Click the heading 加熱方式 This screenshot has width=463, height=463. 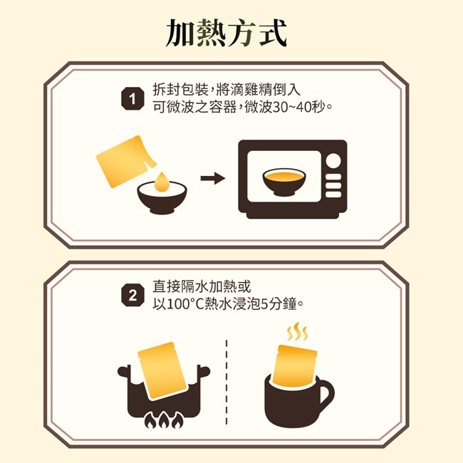[227, 33]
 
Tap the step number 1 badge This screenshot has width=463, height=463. [133, 99]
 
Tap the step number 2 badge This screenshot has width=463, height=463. [133, 296]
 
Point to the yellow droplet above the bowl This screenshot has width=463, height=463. [161, 182]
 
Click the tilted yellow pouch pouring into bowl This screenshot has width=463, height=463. [126, 161]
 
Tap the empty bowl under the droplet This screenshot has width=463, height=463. [162, 197]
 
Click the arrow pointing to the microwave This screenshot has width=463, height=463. [213, 178]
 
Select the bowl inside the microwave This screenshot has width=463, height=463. [284, 182]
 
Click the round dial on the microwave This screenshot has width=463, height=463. [333, 161]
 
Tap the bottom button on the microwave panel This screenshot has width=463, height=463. [333, 194]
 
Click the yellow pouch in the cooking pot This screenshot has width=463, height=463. [162, 370]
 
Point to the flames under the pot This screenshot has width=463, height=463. [164, 420]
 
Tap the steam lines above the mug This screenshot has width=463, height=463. [297, 331]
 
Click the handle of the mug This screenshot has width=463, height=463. [326, 393]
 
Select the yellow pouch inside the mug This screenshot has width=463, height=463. [295, 366]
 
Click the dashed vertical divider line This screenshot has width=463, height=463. [227, 383]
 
